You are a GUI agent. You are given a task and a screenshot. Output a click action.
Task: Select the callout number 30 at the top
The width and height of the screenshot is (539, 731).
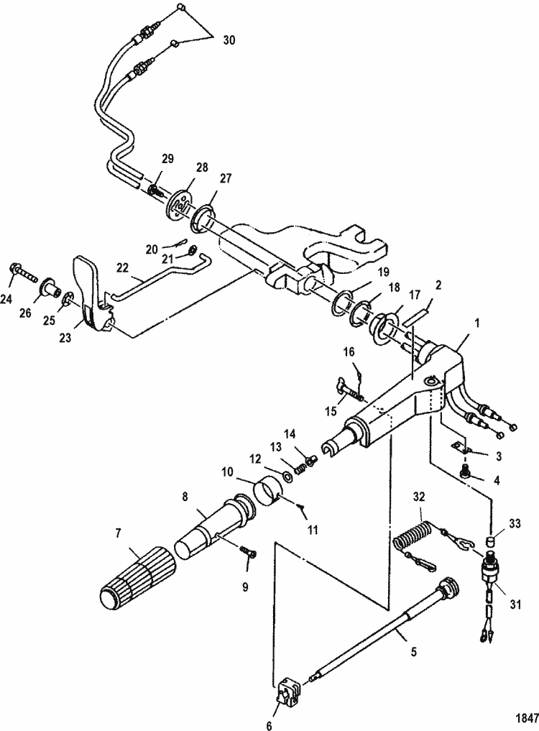pos(229,40)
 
